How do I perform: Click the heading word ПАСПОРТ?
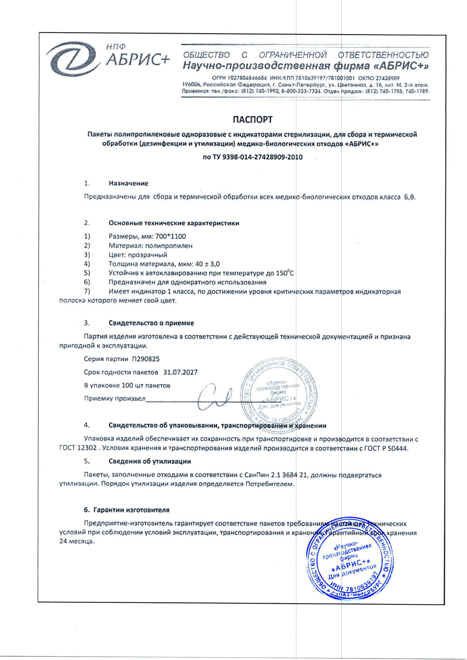(x=252, y=120)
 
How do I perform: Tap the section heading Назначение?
(x=128, y=183)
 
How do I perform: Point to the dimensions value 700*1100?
(x=170, y=236)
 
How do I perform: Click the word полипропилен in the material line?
(x=169, y=246)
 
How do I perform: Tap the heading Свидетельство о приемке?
(x=151, y=323)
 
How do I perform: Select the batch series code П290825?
(x=146, y=359)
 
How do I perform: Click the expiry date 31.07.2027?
(x=181, y=372)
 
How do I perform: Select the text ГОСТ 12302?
(x=78, y=448)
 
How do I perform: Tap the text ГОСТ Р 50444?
(x=388, y=448)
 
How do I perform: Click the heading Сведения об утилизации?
(x=150, y=461)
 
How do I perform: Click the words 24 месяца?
(x=77, y=542)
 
